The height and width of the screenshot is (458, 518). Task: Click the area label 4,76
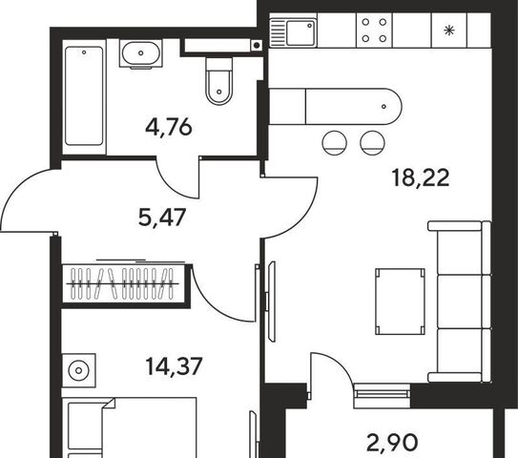(169, 128)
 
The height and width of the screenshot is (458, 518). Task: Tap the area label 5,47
(162, 218)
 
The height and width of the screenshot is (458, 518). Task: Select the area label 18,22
(421, 177)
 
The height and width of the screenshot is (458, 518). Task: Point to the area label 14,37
(174, 366)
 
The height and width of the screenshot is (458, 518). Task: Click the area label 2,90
(392, 443)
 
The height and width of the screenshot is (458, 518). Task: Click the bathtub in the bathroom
(84, 95)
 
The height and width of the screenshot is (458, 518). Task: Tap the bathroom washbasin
(141, 53)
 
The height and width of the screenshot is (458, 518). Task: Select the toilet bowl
(218, 81)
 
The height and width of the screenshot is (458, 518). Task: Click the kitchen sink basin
(300, 32)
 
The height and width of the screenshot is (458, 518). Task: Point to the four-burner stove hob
(374, 31)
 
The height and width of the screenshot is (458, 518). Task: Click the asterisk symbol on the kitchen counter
(448, 31)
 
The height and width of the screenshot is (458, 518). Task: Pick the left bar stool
(334, 143)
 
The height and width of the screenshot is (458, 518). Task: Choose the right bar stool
(372, 143)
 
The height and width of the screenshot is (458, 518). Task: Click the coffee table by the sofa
(400, 302)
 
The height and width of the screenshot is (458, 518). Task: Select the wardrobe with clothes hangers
(124, 283)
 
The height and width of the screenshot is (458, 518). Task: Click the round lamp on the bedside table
(78, 370)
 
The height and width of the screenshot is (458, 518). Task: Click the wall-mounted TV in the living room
(272, 302)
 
